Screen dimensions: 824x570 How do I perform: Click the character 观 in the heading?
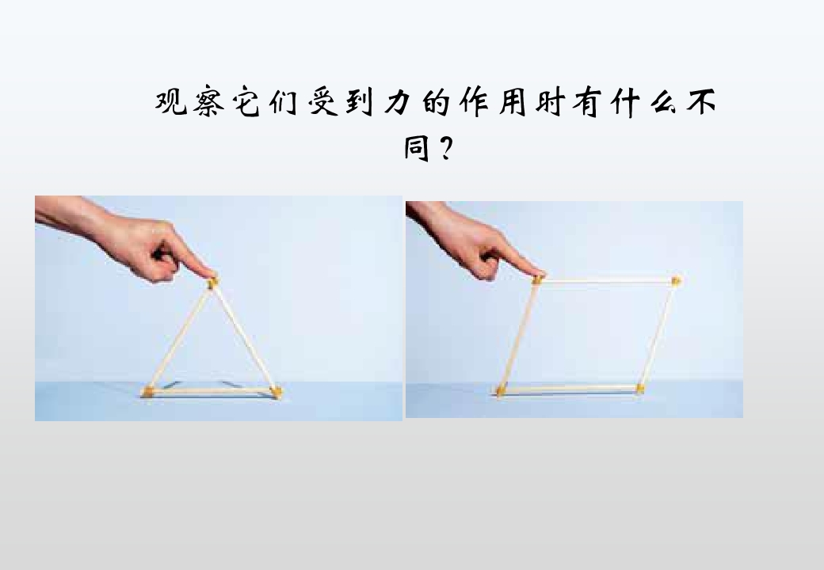click(171, 102)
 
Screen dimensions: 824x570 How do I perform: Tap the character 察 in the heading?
click(209, 102)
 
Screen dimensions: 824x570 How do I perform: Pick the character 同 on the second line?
click(418, 147)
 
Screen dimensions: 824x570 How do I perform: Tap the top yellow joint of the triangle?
click(212, 283)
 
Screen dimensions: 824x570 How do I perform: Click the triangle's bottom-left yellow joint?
click(148, 392)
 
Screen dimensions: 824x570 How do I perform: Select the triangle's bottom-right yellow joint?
click(276, 391)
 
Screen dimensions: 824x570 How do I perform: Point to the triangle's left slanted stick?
click(180, 337)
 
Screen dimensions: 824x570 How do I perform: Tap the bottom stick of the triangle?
click(212, 392)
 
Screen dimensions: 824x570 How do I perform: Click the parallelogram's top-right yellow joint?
click(676, 281)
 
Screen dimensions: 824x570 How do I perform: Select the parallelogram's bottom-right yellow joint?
click(639, 389)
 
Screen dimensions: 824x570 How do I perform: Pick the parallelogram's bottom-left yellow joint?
click(501, 391)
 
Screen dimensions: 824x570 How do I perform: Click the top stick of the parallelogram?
click(606, 281)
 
